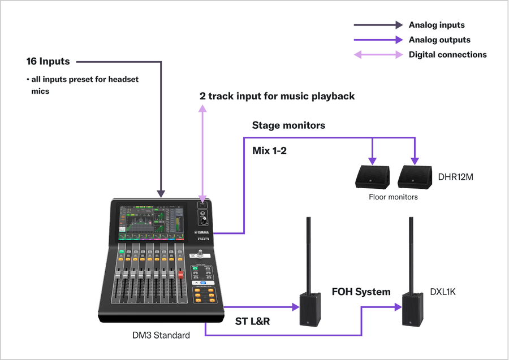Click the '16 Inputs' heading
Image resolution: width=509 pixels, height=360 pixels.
[48, 61]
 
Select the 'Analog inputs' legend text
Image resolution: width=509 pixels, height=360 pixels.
[437, 25]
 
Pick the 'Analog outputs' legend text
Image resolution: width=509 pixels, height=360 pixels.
[439, 40]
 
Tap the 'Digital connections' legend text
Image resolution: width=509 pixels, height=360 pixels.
[447, 55]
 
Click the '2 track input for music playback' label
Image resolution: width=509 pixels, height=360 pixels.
[277, 96]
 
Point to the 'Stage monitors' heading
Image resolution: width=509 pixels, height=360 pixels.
[288, 125]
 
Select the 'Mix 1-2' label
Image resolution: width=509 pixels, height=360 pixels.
[269, 151]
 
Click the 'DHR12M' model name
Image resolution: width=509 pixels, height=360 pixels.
[455, 177]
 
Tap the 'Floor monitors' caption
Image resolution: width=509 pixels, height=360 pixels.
[393, 197]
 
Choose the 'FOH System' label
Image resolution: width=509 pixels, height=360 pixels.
[361, 292]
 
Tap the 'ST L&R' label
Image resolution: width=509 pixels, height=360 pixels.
[252, 322]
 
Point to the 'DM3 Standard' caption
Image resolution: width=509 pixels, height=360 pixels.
[161, 336]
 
